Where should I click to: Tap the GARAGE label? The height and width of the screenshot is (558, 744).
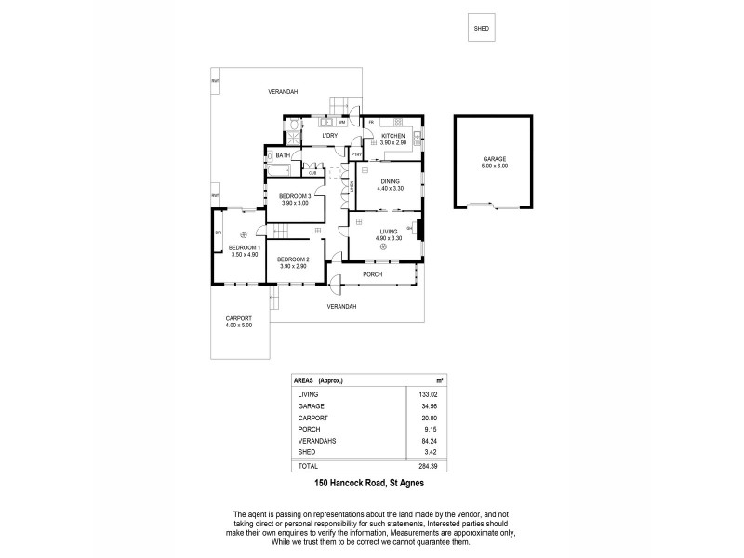click(494, 159)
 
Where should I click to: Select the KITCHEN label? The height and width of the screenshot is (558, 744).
click(393, 136)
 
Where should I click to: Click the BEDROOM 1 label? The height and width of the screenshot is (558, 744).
click(244, 247)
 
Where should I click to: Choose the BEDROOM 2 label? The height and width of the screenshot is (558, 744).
click(292, 259)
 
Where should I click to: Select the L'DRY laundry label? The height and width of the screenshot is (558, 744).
click(328, 137)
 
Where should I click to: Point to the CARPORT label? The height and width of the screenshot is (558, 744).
click(238, 319)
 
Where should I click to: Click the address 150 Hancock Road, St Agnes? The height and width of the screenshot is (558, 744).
click(369, 483)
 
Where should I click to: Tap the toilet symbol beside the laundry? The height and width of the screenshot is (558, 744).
click(294, 125)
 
